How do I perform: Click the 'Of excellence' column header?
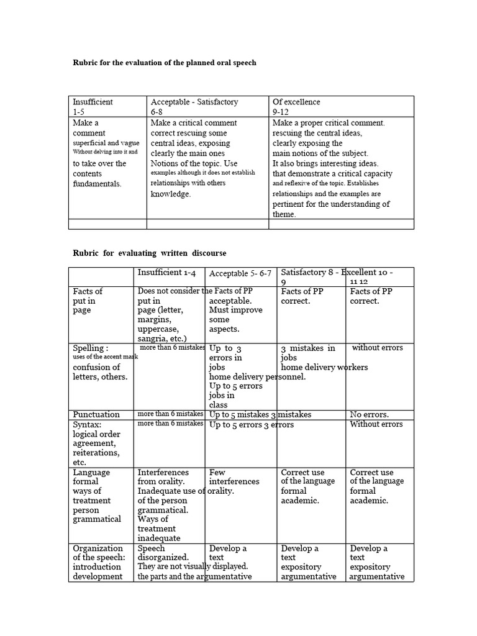coord(296,102)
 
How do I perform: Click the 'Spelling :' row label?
coord(91,348)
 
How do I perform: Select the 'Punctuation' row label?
coord(96,414)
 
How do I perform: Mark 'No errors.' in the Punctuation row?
coord(369,414)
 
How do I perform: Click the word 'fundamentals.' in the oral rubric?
coord(98,184)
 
